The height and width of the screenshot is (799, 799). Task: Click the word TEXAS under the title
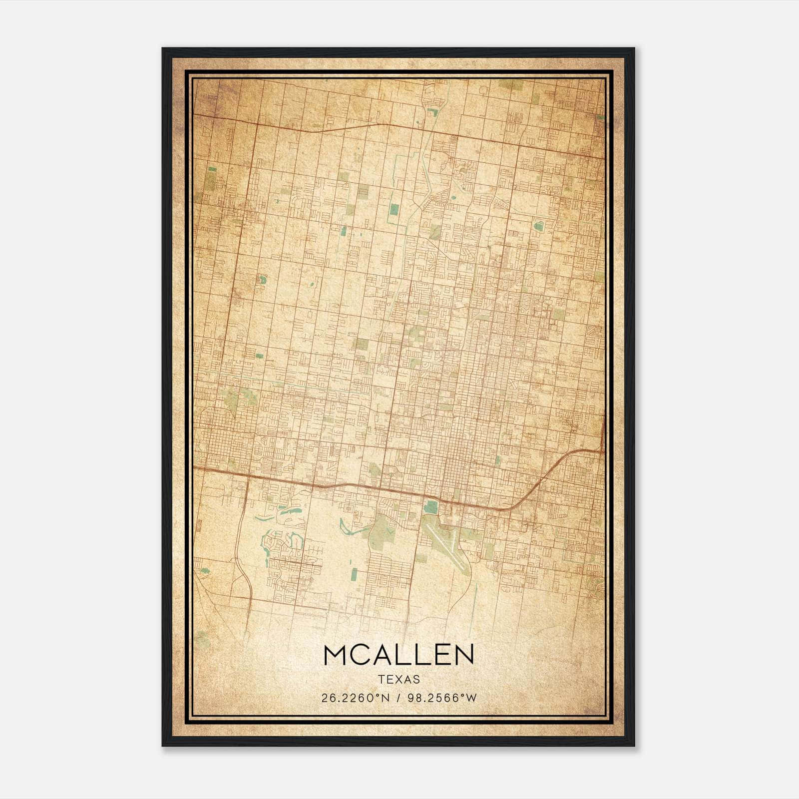coord(399,680)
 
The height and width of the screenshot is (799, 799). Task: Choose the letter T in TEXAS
coord(381,680)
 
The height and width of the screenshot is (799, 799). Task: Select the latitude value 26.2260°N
coord(355,698)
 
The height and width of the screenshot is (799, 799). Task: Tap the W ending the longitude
coord(472,698)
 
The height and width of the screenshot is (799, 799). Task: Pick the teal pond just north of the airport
coord(430,508)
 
